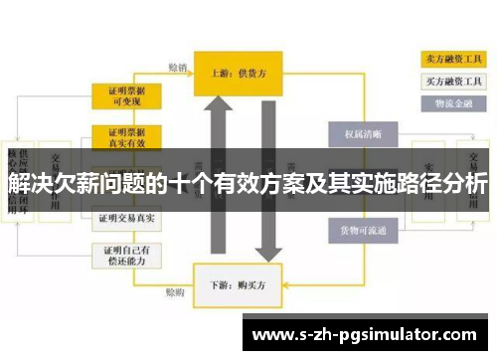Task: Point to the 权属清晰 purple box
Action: coord(356,132)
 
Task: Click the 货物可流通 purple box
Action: coord(356,230)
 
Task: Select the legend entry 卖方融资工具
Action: coord(451,60)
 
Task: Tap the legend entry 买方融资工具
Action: coord(451,81)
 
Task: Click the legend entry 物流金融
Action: coord(451,101)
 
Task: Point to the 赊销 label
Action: coord(177,68)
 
